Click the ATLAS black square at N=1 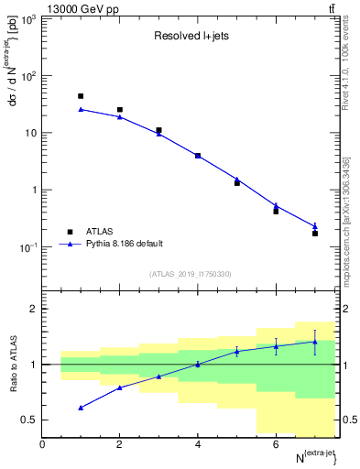pyautogui.click(x=81, y=96)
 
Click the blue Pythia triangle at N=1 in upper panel pyautogui.click(x=81, y=109)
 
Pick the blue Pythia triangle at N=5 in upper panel pyautogui.click(x=236, y=179)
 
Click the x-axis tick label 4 pyautogui.click(x=198, y=444)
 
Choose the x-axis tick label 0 pyautogui.click(x=42, y=444)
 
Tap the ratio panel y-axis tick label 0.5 pyautogui.click(x=29, y=420)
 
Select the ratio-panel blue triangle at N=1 pyautogui.click(x=81, y=408)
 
